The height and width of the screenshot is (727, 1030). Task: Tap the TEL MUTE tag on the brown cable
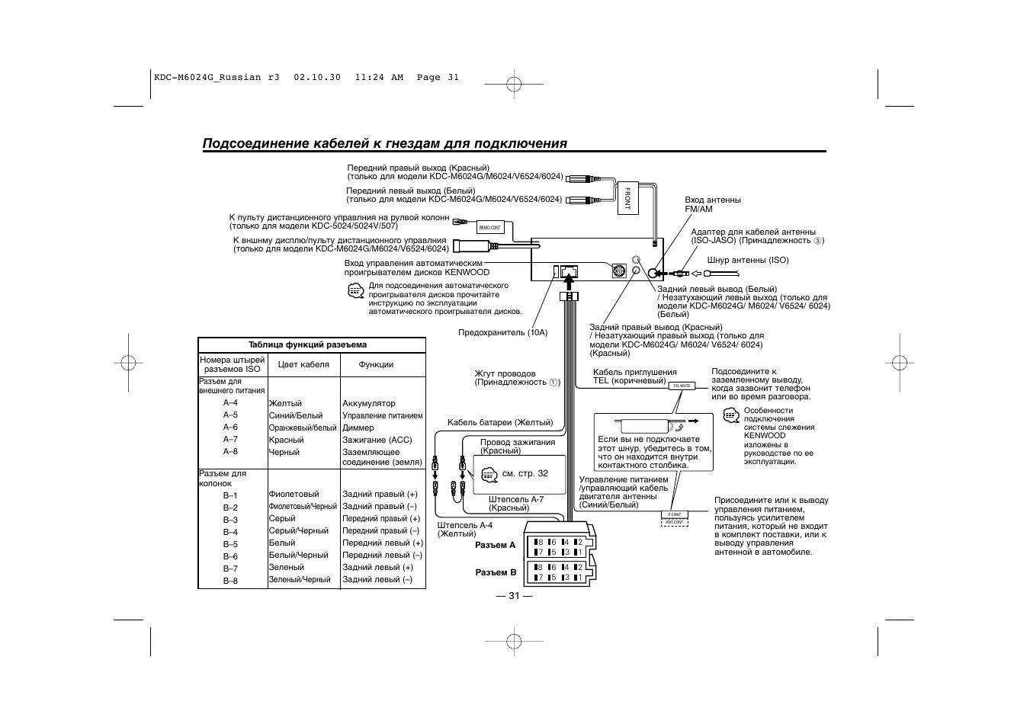click(682, 386)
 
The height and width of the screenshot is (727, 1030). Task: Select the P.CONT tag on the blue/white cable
click(674, 514)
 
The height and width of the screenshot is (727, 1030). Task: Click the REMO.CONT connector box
click(490, 227)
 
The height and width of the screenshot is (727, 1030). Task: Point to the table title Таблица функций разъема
click(307, 344)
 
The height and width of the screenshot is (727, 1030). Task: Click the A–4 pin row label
click(230, 403)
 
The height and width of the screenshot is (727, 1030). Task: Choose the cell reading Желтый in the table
click(285, 403)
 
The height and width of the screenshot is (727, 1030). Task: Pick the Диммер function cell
click(358, 428)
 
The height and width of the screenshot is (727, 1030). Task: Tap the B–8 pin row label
click(230, 581)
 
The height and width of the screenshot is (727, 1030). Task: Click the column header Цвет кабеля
click(303, 364)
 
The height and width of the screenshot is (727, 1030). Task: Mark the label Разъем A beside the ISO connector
click(496, 545)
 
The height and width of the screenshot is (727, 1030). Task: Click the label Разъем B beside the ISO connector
click(496, 572)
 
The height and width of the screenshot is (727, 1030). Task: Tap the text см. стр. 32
click(525, 473)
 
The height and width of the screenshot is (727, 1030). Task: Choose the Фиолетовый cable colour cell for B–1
click(294, 494)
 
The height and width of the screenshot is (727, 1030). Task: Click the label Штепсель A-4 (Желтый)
click(465, 530)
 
